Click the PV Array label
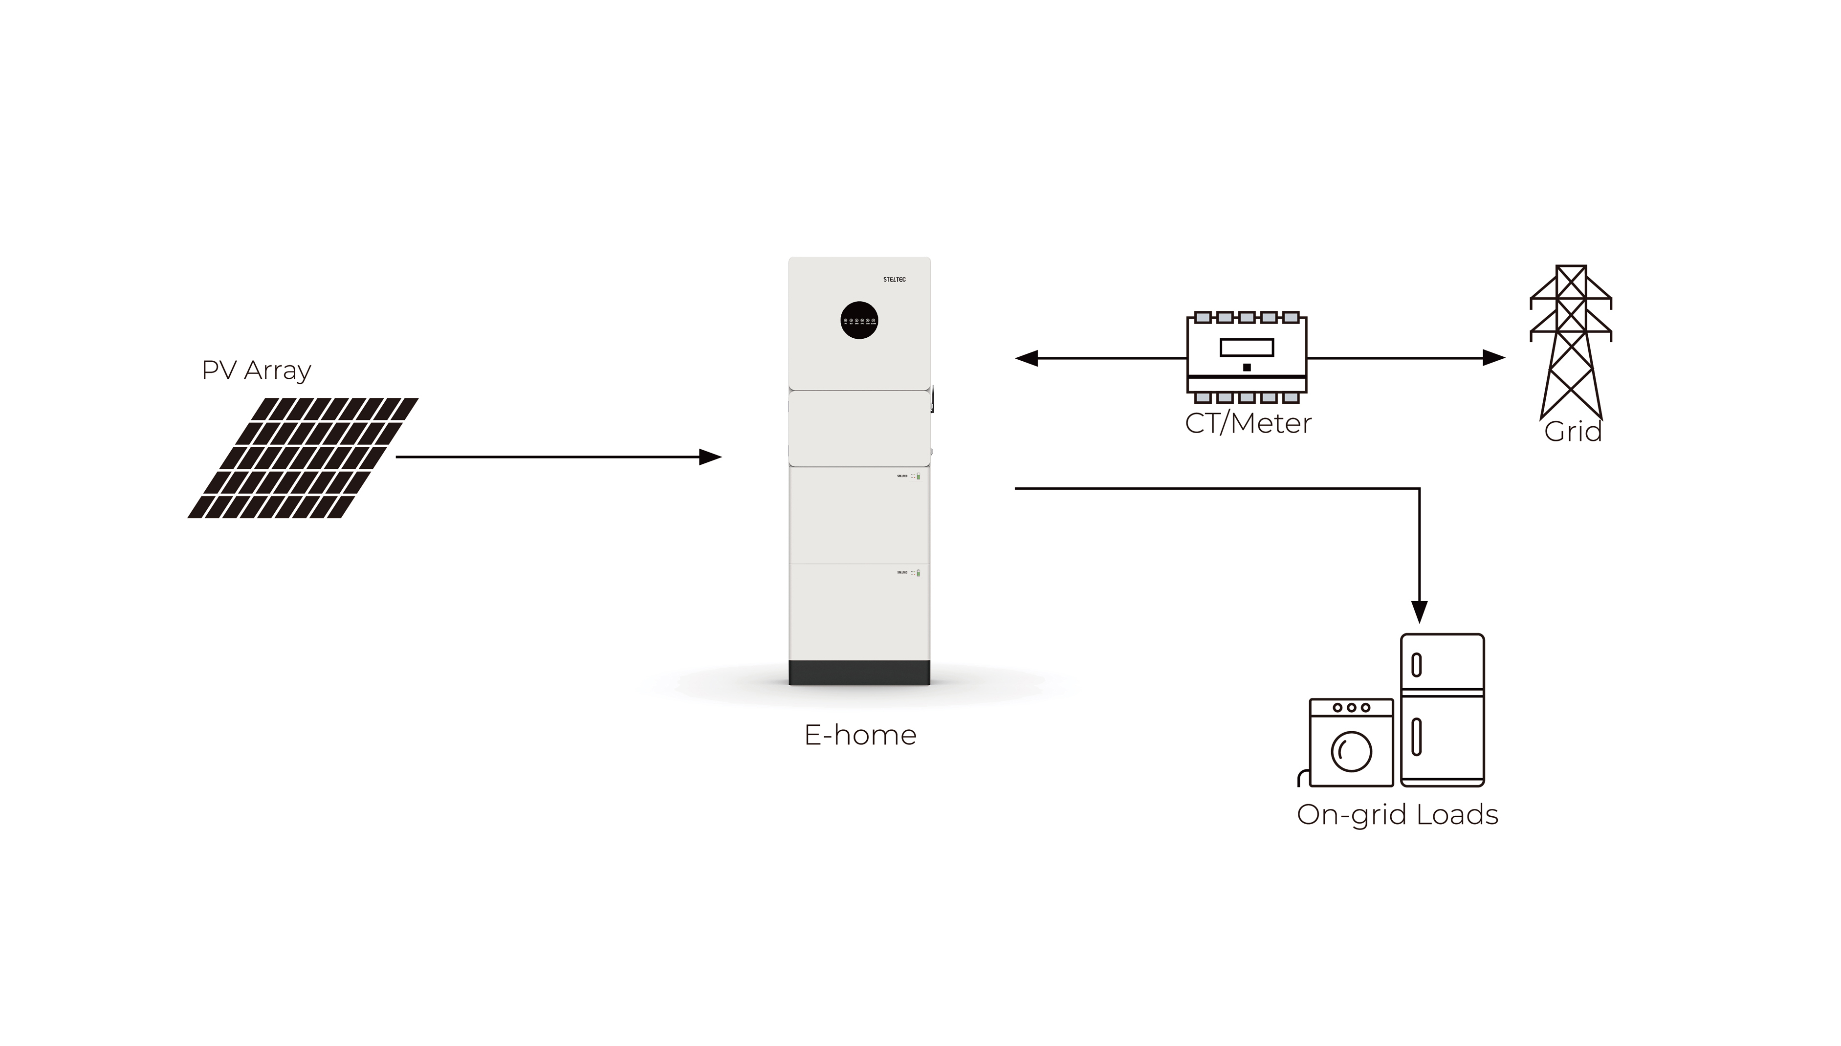(x=257, y=370)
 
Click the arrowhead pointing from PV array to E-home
(x=711, y=457)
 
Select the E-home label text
(x=860, y=736)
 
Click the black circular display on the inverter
(x=859, y=321)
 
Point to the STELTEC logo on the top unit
(x=894, y=280)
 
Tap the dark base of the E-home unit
(x=859, y=673)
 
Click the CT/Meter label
(x=1248, y=423)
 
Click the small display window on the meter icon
(x=1246, y=348)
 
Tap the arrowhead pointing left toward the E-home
(x=1026, y=358)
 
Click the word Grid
(x=1572, y=432)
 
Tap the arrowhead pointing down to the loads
(x=1419, y=612)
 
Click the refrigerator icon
(x=1442, y=710)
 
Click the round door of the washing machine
(x=1351, y=751)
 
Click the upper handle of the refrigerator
(x=1417, y=665)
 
